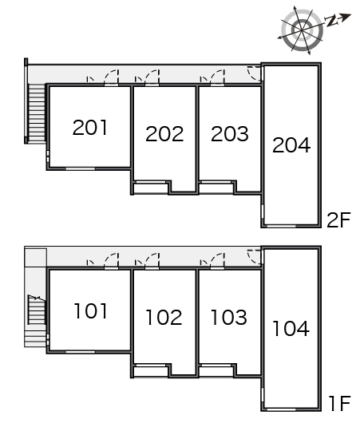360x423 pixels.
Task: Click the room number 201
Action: (90, 128)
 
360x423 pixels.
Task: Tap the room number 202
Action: (164, 134)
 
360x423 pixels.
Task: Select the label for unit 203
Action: (230, 133)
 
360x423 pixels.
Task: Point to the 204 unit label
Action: (291, 145)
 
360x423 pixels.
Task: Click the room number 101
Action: (91, 311)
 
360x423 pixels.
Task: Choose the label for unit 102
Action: (164, 318)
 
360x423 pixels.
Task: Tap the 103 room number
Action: (229, 317)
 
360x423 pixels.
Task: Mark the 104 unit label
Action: (291, 328)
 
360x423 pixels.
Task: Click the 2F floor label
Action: (338, 219)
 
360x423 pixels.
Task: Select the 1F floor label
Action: (339, 403)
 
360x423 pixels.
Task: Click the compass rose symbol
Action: (302, 30)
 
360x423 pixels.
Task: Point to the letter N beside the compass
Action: (331, 21)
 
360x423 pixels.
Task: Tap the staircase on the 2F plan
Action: (37, 113)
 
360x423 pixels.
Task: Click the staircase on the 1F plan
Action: (37, 310)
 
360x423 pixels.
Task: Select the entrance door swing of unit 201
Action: (112, 77)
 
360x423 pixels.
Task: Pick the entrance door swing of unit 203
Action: (217, 77)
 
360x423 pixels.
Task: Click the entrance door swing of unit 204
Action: (254, 73)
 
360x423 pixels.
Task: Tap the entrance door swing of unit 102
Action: (152, 260)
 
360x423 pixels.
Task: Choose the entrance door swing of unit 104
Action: (254, 257)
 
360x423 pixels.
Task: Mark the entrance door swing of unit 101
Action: (112, 260)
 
